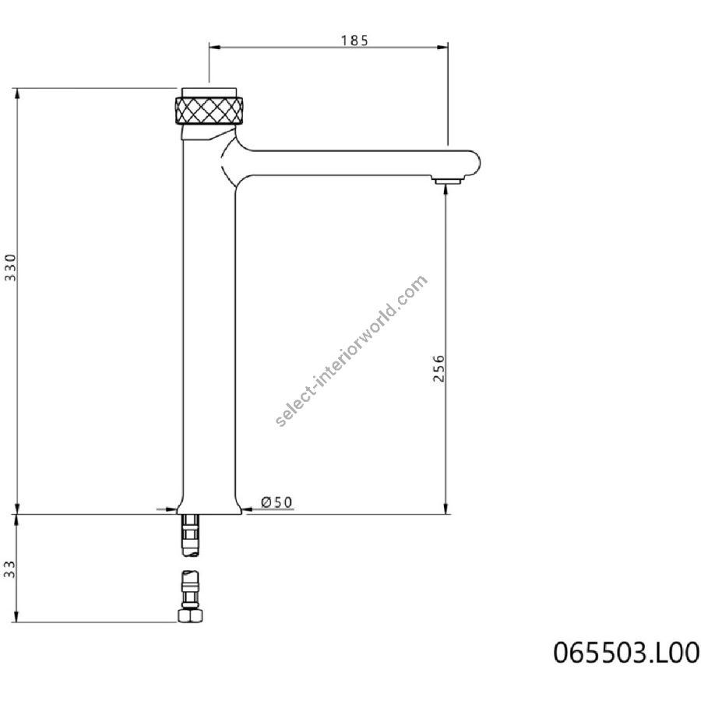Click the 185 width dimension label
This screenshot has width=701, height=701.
click(354, 41)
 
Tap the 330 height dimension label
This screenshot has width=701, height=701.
click(10, 267)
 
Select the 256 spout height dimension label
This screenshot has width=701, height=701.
click(439, 368)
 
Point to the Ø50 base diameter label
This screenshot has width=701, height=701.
click(277, 502)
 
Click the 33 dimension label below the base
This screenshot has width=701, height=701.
click(9, 569)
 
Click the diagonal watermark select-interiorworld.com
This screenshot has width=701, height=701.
click(352, 351)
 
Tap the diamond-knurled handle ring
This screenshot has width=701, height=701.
click(210, 110)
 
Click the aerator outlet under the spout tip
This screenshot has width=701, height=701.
click(447, 180)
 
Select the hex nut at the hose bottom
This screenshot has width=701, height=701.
click(190, 615)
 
